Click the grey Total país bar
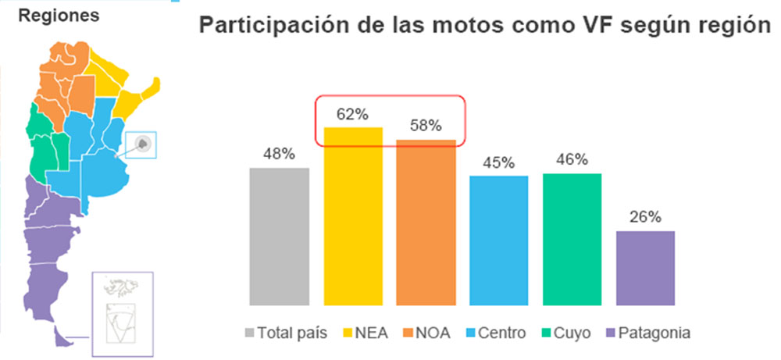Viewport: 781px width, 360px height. [279, 236]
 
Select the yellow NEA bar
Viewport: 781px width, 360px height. [353, 216]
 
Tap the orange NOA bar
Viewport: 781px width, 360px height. [426, 222]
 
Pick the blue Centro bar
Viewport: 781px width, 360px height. [499, 240]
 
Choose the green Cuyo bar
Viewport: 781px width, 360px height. [572, 239]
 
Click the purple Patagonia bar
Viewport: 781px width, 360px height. [645, 267]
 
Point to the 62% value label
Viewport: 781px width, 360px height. [353, 115]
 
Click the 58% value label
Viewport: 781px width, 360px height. [426, 125]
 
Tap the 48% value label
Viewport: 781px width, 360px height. [279, 155]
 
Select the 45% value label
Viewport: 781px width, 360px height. [499, 162]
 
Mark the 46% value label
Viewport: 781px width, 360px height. [572, 160]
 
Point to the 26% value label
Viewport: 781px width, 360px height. [645, 217]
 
